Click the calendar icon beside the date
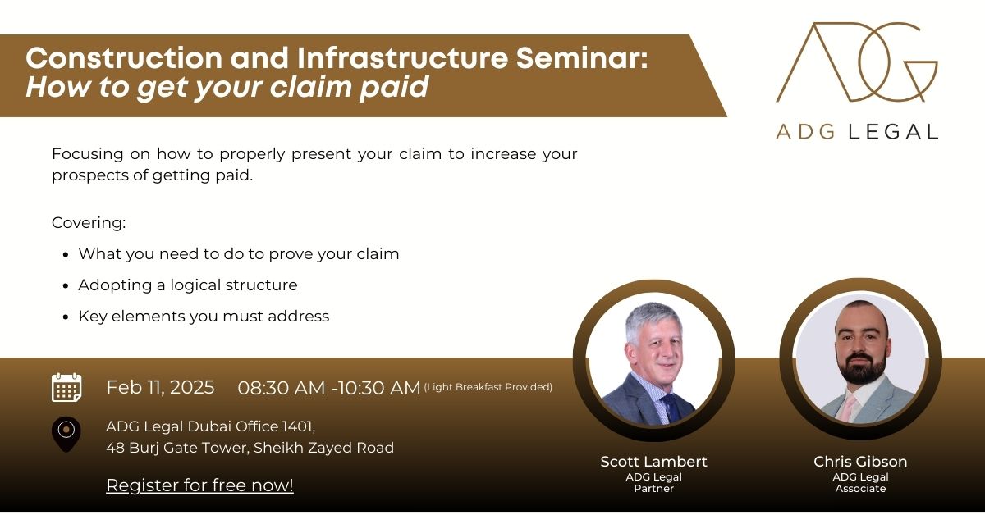click(x=66, y=387)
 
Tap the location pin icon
click(x=66, y=433)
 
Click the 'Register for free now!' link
click(x=199, y=485)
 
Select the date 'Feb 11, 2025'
click(x=160, y=387)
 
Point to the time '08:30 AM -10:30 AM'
click(x=329, y=388)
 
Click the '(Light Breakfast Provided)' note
click(x=488, y=387)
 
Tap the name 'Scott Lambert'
click(x=653, y=462)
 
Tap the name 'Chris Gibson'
click(x=860, y=462)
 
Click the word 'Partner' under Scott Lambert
click(x=653, y=489)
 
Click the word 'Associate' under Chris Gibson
click(x=860, y=489)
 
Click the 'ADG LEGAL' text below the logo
click(x=856, y=131)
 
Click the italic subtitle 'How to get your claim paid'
click(x=227, y=87)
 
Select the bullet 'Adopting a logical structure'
click(x=188, y=285)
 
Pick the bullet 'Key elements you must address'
click(x=204, y=317)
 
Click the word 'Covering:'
click(x=89, y=223)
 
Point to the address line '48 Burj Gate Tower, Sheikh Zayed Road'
click(x=250, y=448)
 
